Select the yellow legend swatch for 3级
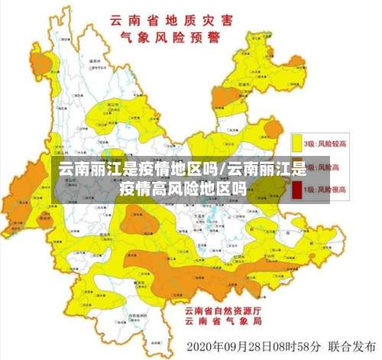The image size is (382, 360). pyautogui.click(x=297, y=143)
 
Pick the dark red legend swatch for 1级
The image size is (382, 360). pyautogui.click(x=297, y=189)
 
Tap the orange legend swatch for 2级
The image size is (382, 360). pyautogui.click(x=297, y=166)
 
